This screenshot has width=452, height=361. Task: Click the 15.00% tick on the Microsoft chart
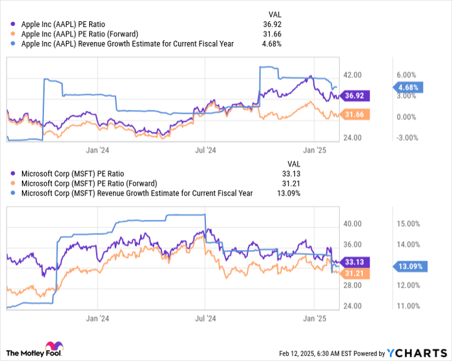pyautogui.click(x=409, y=223)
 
